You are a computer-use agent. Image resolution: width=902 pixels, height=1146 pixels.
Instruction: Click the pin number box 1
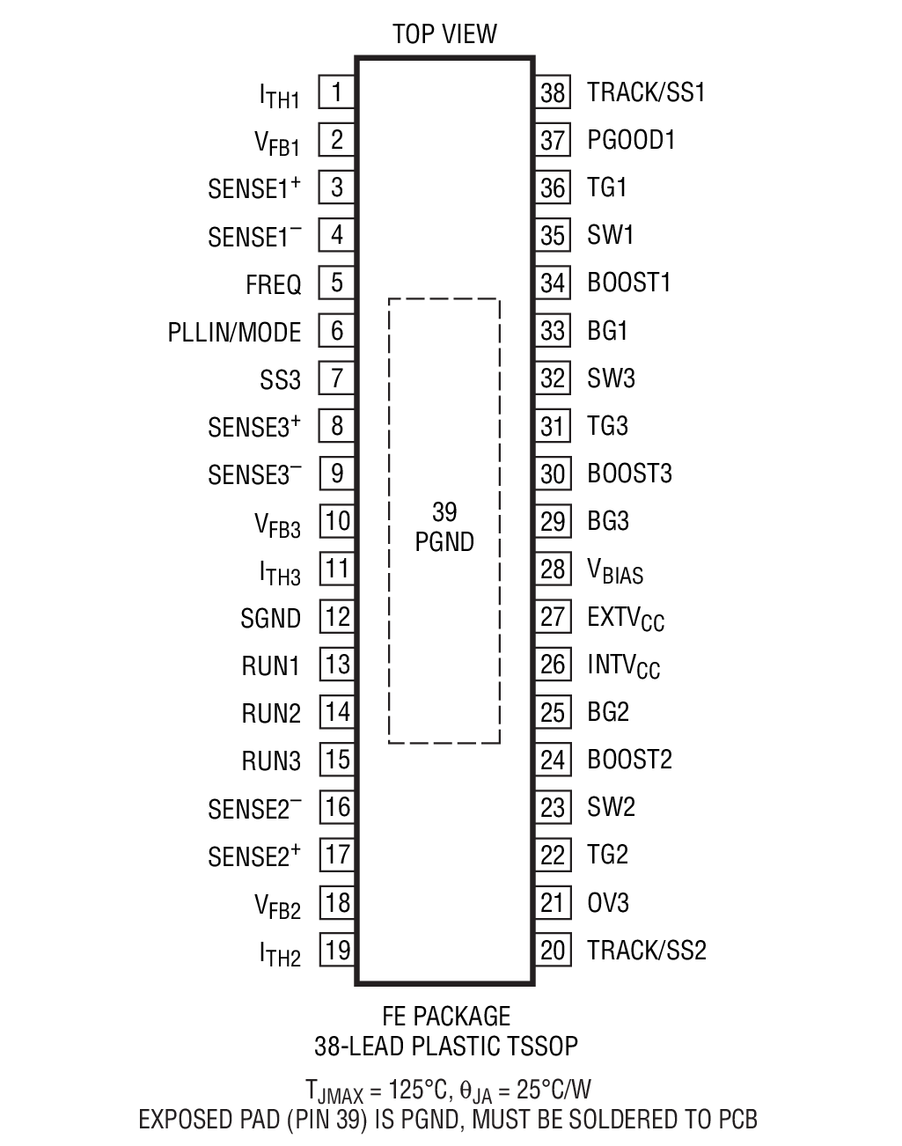(x=337, y=92)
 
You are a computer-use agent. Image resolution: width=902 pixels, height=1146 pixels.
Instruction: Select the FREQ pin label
(x=274, y=284)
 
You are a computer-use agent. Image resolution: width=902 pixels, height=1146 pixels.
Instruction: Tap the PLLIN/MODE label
(x=234, y=332)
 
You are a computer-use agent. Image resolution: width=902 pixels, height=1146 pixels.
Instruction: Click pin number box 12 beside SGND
(x=337, y=617)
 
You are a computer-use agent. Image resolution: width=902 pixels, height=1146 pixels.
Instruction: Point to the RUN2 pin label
(x=271, y=713)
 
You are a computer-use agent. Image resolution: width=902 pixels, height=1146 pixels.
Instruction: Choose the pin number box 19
(x=337, y=951)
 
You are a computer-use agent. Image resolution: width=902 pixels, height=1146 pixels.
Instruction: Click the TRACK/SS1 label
(x=647, y=92)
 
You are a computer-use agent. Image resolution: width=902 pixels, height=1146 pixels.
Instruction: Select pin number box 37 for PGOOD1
(x=553, y=140)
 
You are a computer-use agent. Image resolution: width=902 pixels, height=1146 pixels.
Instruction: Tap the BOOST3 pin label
(x=629, y=474)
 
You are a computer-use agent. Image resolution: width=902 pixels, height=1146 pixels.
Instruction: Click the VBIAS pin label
(x=615, y=571)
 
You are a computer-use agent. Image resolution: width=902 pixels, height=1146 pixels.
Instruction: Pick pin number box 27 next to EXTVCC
(x=553, y=616)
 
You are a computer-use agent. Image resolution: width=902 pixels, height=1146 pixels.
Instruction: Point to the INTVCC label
(x=623, y=665)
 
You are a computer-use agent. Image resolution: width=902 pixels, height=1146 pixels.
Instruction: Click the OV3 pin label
(x=608, y=903)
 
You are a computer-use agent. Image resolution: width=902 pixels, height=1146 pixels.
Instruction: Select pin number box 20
(x=553, y=951)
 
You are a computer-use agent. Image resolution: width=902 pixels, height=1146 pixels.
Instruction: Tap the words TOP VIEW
(x=444, y=34)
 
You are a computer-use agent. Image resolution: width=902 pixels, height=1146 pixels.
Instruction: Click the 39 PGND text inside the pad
(x=444, y=526)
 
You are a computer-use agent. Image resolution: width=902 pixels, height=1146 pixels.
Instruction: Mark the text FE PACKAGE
(x=446, y=1017)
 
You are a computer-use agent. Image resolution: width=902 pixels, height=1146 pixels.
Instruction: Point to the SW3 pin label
(x=611, y=378)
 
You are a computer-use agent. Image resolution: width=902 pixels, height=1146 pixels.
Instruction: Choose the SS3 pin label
(x=280, y=380)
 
